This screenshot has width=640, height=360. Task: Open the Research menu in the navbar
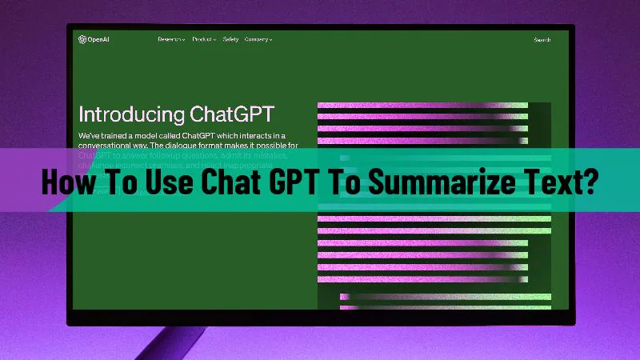(171, 38)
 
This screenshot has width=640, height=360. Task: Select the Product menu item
(204, 38)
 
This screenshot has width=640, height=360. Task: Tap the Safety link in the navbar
(230, 38)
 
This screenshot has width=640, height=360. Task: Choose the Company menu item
(258, 38)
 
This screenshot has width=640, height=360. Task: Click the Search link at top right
(542, 39)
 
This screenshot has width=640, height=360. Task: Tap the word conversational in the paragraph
(109, 146)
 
